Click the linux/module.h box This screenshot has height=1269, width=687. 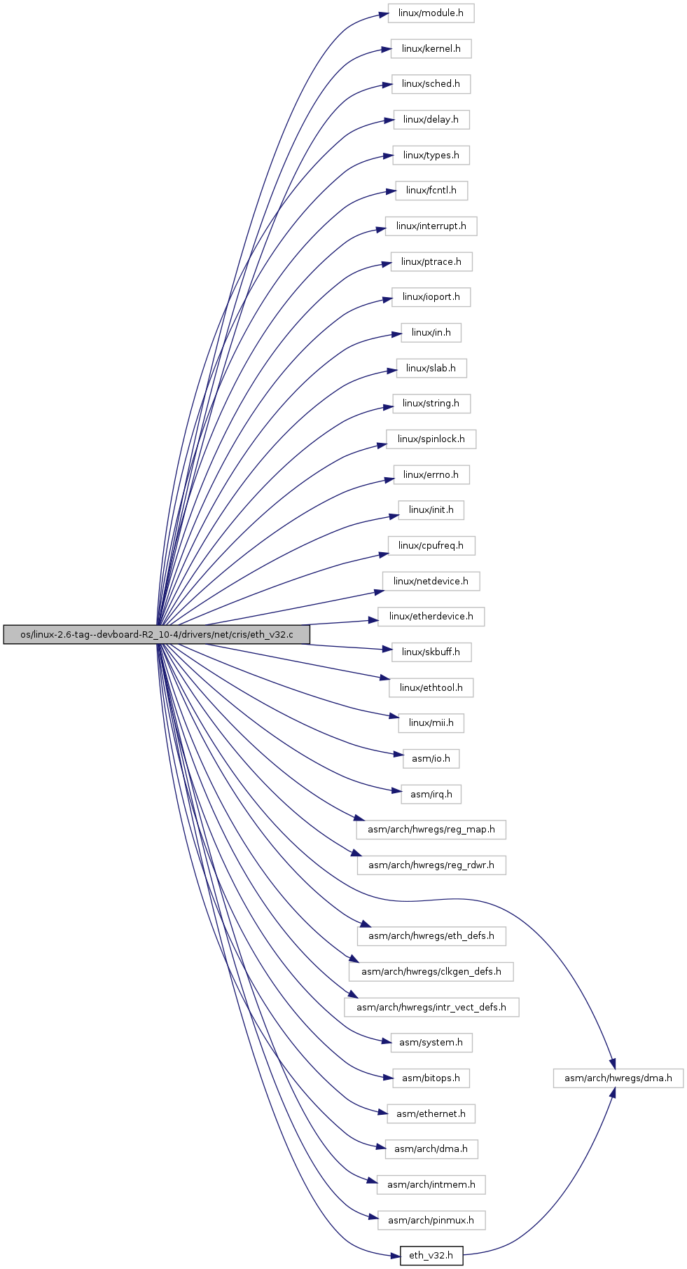pyautogui.click(x=431, y=13)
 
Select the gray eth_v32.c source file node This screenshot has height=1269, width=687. pyautogui.click(x=156, y=635)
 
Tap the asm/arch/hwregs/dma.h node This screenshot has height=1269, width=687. pyautogui.click(x=618, y=1078)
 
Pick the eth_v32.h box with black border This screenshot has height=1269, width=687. pyautogui.click(x=431, y=1256)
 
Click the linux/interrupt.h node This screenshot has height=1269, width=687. pyautogui.click(x=431, y=226)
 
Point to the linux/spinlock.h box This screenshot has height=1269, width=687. pyautogui.click(x=431, y=439)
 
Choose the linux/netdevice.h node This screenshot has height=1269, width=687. pyautogui.click(x=431, y=581)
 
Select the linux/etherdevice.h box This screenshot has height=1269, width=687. pyautogui.click(x=431, y=617)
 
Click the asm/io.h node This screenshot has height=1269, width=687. pyautogui.click(x=431, y=759)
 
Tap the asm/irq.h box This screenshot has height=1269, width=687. pyautogui.click(x=431, y=795)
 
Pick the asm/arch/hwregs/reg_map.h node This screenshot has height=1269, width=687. pyautogui.click(x=431, y=830)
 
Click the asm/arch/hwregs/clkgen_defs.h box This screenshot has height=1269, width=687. pyautogui.click(x=431, y=972)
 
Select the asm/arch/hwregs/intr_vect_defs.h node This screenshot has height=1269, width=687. pyautogui.click(x=431, y=1008)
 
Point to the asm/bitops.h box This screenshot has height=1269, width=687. pyautogui.click(x=431, y=1078)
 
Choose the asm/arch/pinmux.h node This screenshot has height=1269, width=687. pyautogui.click(x=431, y=1221)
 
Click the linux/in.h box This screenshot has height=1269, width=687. pyautogui.click(x=431, y=333)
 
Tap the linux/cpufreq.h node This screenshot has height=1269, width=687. pyautogui.click(x=431, y=545)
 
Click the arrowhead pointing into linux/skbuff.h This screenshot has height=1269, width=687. pyautogui.click(x=387, y=650)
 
